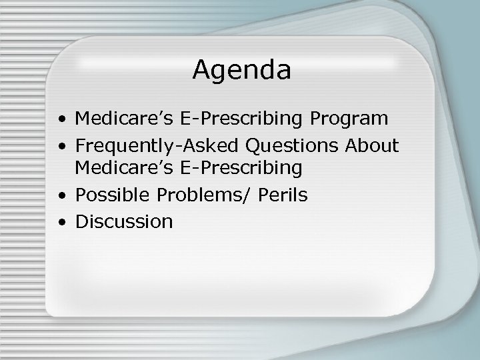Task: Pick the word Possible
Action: [113, 195]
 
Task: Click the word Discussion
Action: [124, 221]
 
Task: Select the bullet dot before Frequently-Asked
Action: [61, 146]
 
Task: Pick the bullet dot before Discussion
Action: [61, 222]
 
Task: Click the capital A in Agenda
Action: [201, 70]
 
